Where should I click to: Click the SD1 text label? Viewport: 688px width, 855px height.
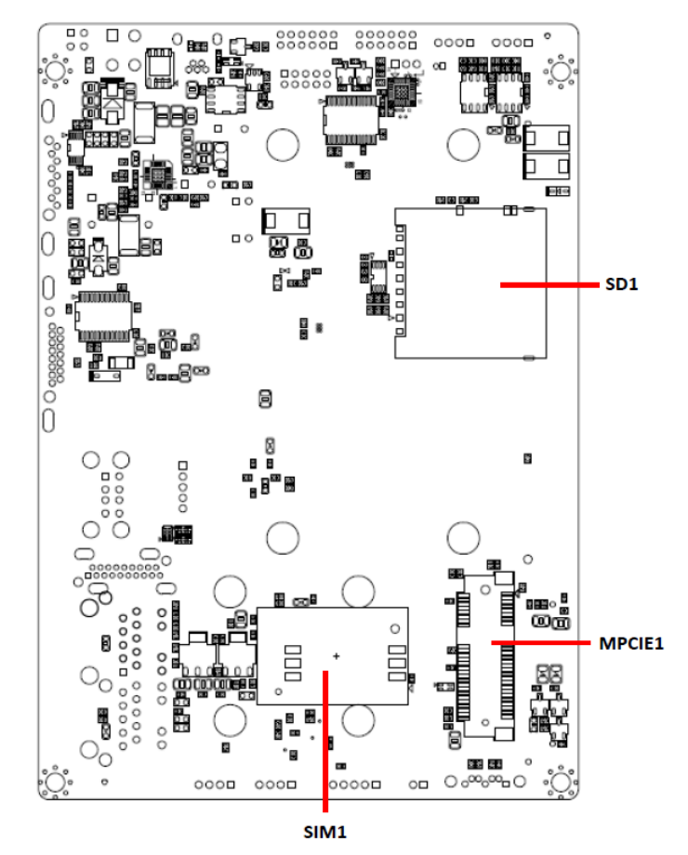[621, 284]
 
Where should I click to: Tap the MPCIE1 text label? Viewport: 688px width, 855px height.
[631, 643]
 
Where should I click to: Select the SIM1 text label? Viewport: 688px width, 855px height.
[325, 832]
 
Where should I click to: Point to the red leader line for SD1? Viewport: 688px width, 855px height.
[549, 284]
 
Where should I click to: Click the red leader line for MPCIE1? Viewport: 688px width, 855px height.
[541, 643]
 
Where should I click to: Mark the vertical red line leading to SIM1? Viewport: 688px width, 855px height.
[325, 741]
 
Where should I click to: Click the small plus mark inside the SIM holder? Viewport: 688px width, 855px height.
[336, 656]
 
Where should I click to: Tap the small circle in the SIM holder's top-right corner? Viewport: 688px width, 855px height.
[394, 629]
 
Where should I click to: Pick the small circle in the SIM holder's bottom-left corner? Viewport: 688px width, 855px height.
[278, 692]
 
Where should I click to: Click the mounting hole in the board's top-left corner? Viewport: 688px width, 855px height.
[55, 71]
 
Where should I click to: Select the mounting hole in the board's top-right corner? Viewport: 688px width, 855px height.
[561, 71]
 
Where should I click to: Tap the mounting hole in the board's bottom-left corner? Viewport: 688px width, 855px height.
[55, 782]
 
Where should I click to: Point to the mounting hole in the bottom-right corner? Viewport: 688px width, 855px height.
[561, 782]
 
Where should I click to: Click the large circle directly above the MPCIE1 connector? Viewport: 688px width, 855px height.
[463, 538]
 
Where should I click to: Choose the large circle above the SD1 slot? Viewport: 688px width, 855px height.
[463, 144]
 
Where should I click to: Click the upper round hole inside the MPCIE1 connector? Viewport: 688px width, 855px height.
[485, 590]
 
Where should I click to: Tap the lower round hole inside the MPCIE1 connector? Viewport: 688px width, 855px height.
[485, 722]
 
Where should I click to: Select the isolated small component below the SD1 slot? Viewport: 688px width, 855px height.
[527, 458]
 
